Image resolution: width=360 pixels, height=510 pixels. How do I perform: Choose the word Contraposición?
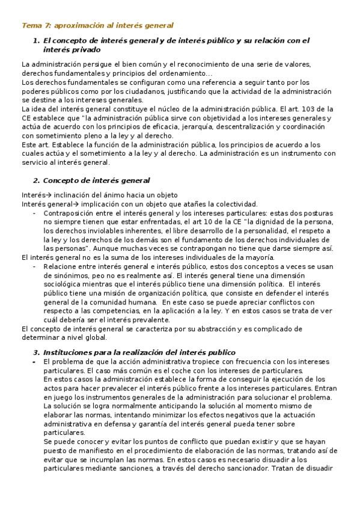tap(71, 213)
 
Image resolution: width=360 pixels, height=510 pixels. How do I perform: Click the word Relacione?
tap(63, 266)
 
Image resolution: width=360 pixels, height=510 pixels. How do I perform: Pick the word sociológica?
tap(67, 284)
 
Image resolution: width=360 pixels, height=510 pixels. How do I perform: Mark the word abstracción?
tap(210, 329)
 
